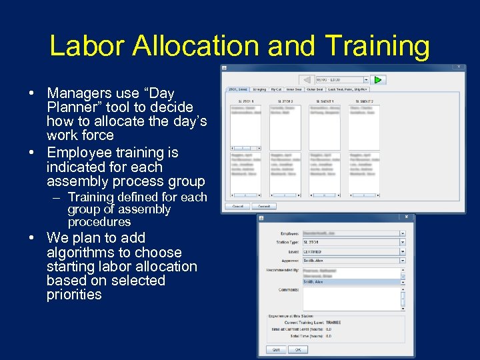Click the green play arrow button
pos(378,80)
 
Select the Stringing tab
pos(259,89)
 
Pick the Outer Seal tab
pos(315,89)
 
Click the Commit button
pos(264,206)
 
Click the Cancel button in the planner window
pos(237,206)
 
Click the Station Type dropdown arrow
pos(403,243)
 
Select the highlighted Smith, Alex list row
pos(351,282)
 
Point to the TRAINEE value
pos(333,322)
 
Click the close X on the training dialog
pos(407,217)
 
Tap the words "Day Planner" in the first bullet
pos(120,100)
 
